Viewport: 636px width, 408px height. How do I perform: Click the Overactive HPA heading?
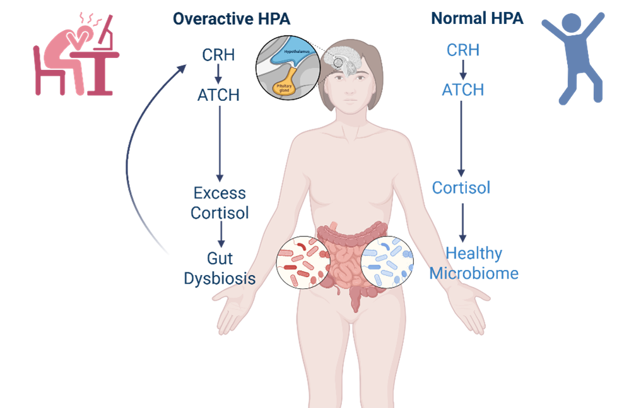(x=232, y=19)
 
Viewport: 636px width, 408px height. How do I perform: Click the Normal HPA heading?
(x=477, y=19)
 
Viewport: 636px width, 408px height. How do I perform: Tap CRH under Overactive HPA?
(x=218, y=55)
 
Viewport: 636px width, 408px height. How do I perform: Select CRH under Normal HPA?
(x=462, y=50)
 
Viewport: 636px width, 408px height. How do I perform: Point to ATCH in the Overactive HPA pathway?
(x=218, y=95)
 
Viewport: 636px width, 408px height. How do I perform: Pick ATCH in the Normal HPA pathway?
(x=462, y=90)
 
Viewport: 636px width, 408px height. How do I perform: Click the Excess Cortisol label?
(x=220, y=203)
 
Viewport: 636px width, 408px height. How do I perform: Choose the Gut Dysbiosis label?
(x=220, y=268)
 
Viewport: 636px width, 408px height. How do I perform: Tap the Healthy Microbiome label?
(x=474, y=264)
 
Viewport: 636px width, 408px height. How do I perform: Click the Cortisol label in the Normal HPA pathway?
(x=461, y=188)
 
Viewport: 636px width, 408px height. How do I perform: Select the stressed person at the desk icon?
(x=76, y=60)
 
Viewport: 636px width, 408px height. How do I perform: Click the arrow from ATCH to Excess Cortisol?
(x=220, y=142)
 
